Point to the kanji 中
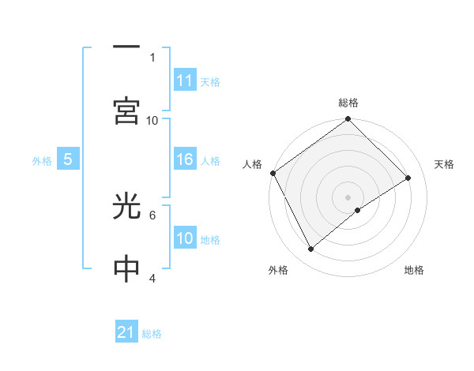(127, 269)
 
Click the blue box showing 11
(185, 81)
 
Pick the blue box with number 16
(185, 160)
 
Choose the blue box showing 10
(185, 239)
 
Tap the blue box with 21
(127, 333)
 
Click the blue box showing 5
(68, 160)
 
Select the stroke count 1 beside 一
(152, 58)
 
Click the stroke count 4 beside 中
(152, 278)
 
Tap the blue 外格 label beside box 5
(42, 161)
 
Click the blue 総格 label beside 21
(152, 334)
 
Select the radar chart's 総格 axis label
(348, 103)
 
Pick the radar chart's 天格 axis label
(445, 164)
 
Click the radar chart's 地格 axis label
(414, 271)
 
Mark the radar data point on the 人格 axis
(273, 173)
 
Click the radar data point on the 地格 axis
(358, 210)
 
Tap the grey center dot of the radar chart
(348, 197)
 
